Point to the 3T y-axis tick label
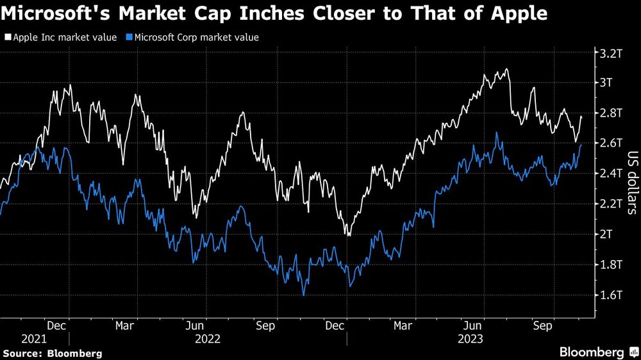(608, 83)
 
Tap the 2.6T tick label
(612, 143)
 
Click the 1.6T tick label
(612, 295)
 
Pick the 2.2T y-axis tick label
(612, 204)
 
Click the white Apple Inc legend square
(8, 38)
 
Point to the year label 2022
(207, 338)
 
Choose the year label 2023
(470, 338)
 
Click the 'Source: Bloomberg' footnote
(53, 353)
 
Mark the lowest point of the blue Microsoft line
(303, 295)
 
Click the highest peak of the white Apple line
(507, 69)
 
